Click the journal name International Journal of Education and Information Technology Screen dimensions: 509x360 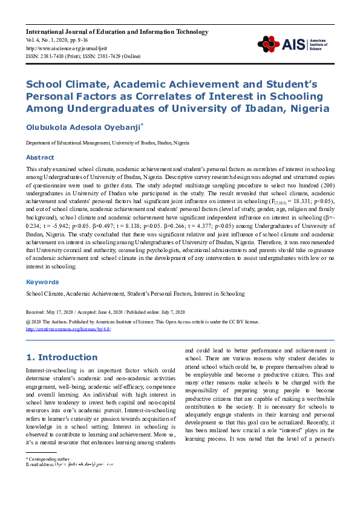coord(117,31)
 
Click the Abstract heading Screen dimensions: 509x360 coord(39,157)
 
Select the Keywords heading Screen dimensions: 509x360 coord(42,282)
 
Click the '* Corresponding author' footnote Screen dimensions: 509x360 coord(48,476)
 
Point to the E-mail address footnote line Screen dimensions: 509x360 coord(70,481)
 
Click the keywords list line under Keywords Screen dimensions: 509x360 coord(135,293)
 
